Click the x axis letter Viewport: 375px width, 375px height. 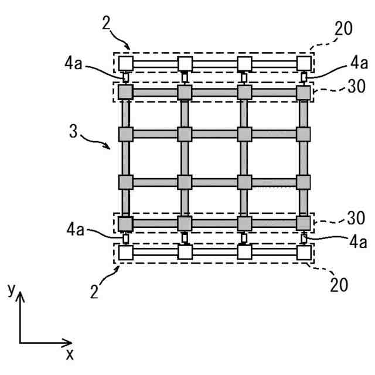[x=70, y=354]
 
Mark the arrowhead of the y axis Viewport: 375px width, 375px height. [x=21, y=298]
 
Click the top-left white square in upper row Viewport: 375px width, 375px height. [x=126, y=62]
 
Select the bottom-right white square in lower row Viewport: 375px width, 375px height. [x=304, y=253]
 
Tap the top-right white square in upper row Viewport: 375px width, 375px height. [x=304, y=62]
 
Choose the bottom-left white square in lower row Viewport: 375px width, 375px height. [x=126, y=253]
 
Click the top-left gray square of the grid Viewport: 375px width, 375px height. [x=126, y=92]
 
